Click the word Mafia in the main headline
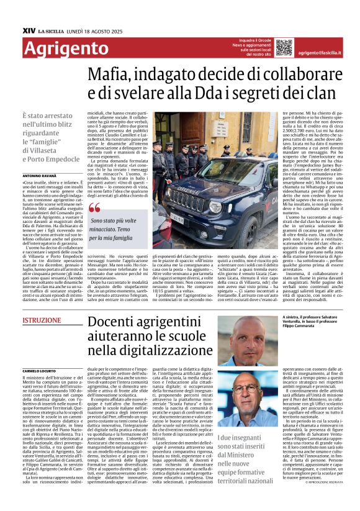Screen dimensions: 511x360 pos(112,76)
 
